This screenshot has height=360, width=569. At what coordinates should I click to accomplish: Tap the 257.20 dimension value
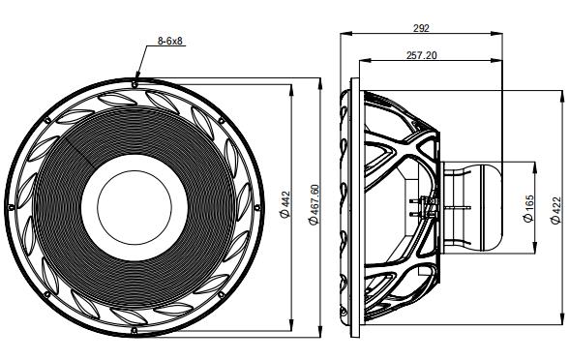[421, 56]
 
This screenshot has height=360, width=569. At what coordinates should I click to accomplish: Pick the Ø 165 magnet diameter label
[527, 206]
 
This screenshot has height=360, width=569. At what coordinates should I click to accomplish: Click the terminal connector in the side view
[426, 205]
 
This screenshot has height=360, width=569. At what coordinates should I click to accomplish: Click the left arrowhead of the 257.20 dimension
[365, 65]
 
